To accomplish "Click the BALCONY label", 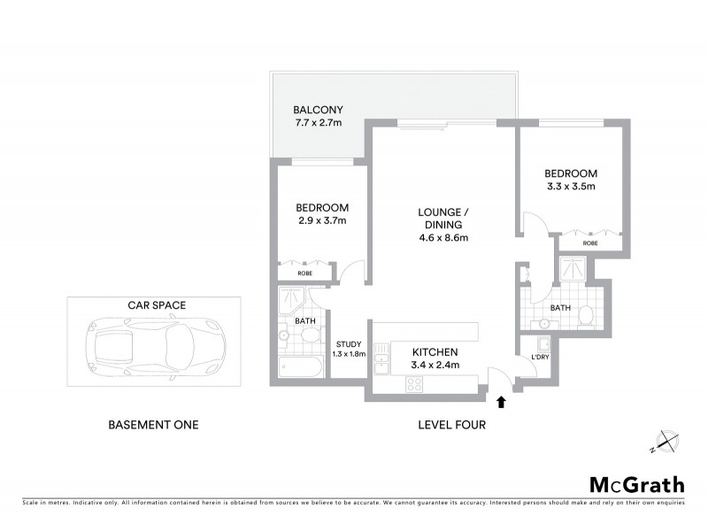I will tap(318, 111).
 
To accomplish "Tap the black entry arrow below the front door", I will tap(502, 402).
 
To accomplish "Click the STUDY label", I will tap(345, 345).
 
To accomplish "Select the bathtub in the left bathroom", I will tap(300, 366).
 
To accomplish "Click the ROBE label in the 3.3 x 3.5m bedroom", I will tap(590, 242).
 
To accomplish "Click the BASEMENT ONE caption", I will tap(152, 425).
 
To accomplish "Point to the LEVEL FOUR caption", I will tap(451, 425).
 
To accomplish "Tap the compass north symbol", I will tap(666, 441).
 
